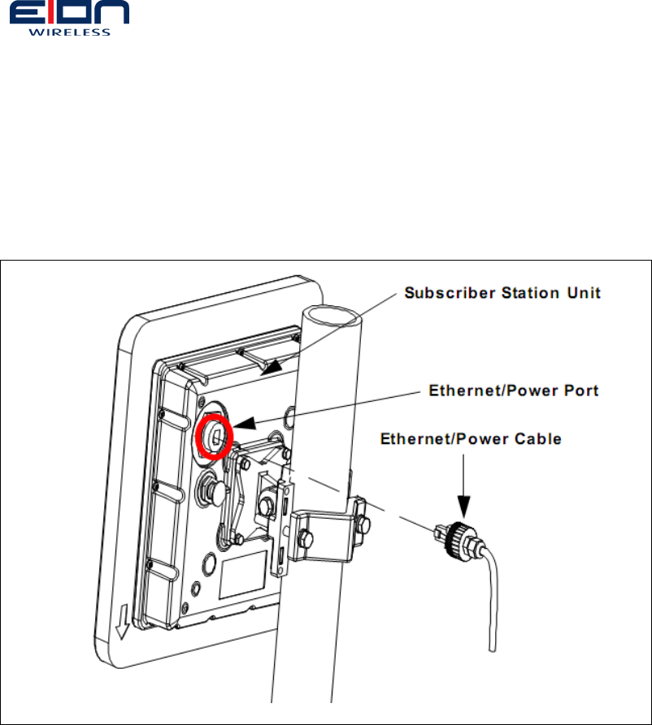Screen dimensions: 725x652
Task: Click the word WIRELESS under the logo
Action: [69, 32]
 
